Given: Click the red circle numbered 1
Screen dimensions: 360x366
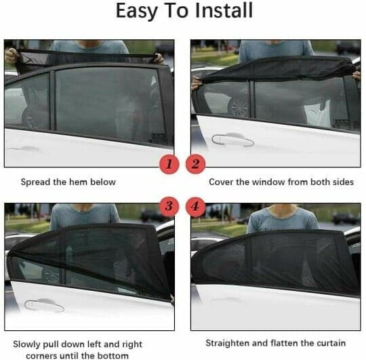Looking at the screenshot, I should coord(169,164).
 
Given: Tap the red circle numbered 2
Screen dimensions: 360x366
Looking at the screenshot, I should coord(195,164).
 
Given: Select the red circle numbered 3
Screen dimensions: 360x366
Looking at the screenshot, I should coord(169,205).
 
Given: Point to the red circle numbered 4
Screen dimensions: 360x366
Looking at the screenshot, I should coord(195,205).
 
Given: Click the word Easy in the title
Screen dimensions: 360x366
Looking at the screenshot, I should coord(138,12).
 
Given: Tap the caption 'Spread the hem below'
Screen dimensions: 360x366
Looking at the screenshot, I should coord(68,182).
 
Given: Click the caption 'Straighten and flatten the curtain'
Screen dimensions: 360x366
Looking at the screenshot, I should coord(275,342).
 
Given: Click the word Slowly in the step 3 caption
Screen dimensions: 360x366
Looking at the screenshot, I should coord(28,343).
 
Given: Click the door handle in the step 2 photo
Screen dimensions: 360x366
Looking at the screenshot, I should coord(232,139).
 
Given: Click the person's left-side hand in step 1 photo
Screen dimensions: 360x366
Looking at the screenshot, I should coord(12,54).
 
